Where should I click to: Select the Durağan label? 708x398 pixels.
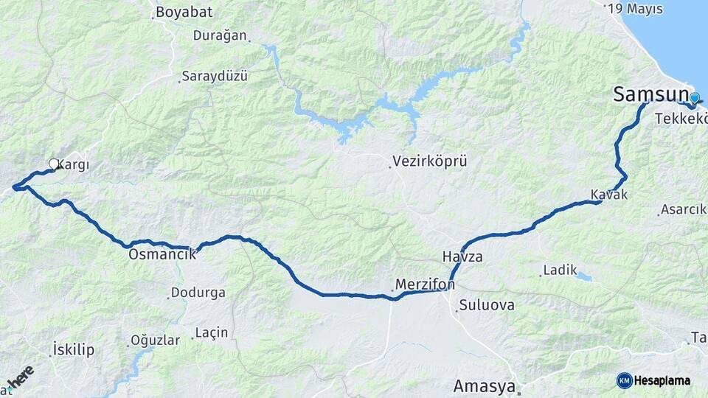tap(221, 35)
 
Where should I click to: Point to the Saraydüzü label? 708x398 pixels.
tap(215, 76)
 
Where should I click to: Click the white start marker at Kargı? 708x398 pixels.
tap(54, 164)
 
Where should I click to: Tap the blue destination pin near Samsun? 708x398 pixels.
tap(694, 98)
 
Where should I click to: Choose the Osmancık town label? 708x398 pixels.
tap(162, 254)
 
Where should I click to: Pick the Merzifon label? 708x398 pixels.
tap(425, 284)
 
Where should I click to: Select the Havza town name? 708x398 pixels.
tap(462, 257)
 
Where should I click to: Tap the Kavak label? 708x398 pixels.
tap(608, 195)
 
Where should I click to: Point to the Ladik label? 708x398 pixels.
tap(560, 270)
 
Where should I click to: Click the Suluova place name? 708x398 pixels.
tap(487, 304)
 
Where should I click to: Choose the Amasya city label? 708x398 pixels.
tap(484, 385)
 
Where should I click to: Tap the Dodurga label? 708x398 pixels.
tap(198, 293)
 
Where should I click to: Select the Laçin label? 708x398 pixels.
tap(212, 333)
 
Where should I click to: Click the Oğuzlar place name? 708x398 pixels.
tap(155, 340)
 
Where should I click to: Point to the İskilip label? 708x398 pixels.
tap(74, 349)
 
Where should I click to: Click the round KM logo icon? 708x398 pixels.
tap(625, 380)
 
